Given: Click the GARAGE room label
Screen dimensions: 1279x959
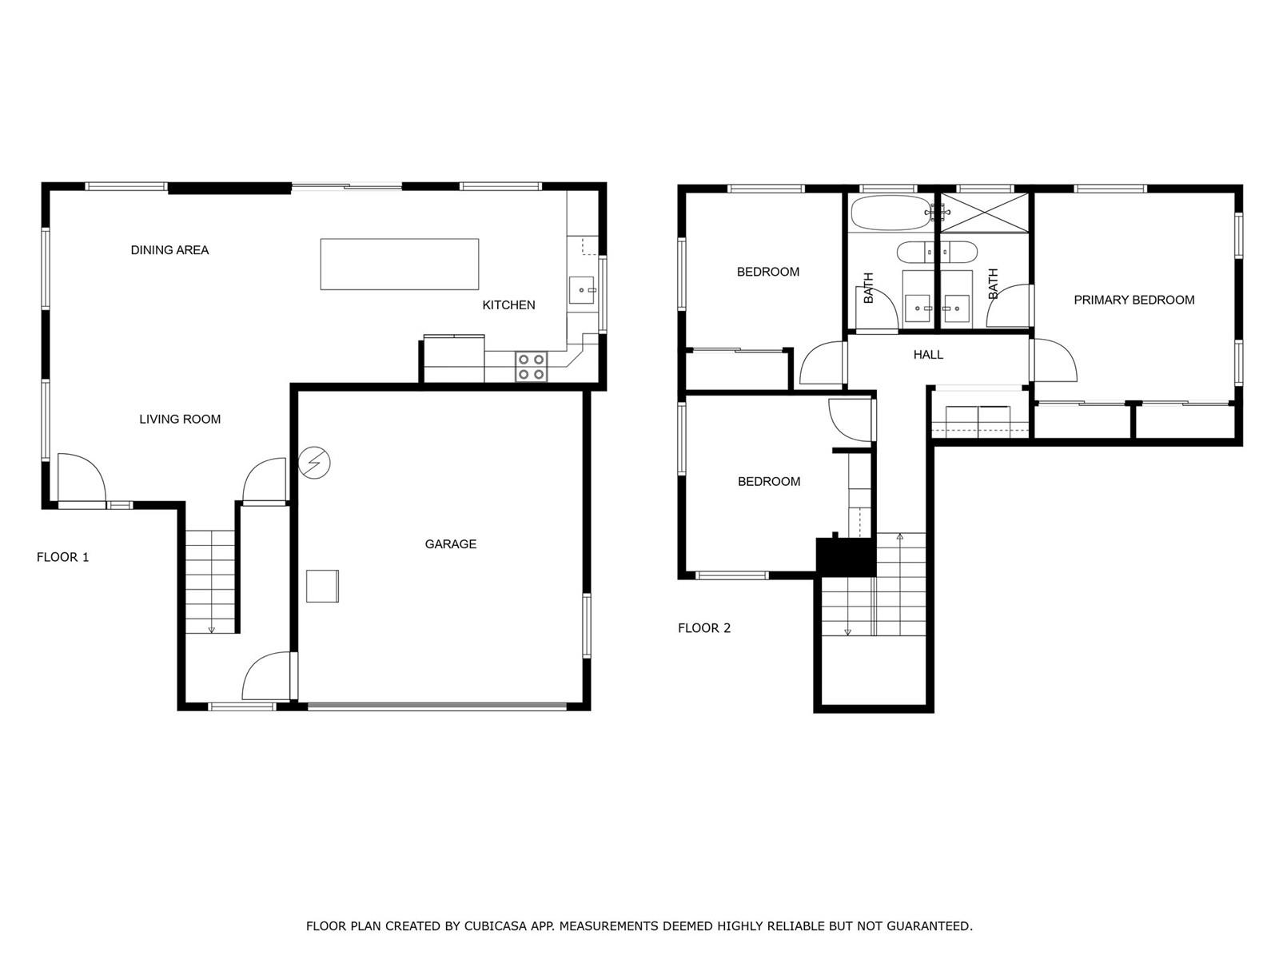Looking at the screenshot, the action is point(450,544).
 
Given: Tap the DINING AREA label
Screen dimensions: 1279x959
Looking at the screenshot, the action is point(169,250).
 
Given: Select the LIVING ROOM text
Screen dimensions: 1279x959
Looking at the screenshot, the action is point(180,419).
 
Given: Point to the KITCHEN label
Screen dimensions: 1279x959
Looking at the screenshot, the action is point(508,304).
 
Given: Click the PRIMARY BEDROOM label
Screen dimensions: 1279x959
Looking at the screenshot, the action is point(1134,300).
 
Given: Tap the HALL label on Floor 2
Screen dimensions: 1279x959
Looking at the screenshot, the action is point(928,355).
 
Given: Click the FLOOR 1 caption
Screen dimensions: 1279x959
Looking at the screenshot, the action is point(63,557).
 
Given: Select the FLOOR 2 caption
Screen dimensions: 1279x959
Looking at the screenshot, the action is point(704,627).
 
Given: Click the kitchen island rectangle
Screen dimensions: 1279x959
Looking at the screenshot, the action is point(399,264).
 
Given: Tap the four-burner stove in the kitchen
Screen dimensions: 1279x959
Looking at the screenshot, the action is point(531,367).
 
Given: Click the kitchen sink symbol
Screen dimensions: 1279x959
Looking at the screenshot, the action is point(582,290).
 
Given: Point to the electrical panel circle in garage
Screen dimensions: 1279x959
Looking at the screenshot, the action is point(314,463).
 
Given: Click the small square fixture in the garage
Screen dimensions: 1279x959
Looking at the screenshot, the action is point(322,586).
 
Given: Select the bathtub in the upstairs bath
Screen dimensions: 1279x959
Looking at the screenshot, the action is point(890,213).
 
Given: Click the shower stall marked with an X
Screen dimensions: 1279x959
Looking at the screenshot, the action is point(984,213).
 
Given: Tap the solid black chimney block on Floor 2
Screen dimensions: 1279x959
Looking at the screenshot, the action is point(846,557).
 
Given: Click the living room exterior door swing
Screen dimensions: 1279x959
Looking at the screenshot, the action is point(82,477).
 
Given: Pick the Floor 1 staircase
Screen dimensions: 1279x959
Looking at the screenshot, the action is point(209,581).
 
